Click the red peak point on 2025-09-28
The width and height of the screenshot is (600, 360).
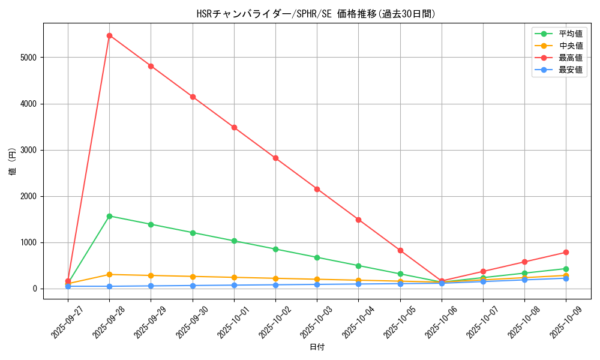[109, 35]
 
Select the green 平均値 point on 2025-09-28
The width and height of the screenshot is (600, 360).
[109, 216]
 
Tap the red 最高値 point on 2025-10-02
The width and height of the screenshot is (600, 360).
[275, 158]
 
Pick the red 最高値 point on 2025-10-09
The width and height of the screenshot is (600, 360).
[566, 252]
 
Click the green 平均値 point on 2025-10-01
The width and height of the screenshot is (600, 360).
[234, 241]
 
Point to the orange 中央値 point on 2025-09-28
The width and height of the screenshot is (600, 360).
[109, 274]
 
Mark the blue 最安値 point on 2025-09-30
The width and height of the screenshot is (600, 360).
[193, 286]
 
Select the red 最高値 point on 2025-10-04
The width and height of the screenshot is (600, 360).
[358, 220]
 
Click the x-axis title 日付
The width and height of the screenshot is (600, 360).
[317, 347]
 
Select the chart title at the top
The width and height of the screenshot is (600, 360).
[317, 14]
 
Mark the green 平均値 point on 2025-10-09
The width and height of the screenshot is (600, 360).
[566, 269]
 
